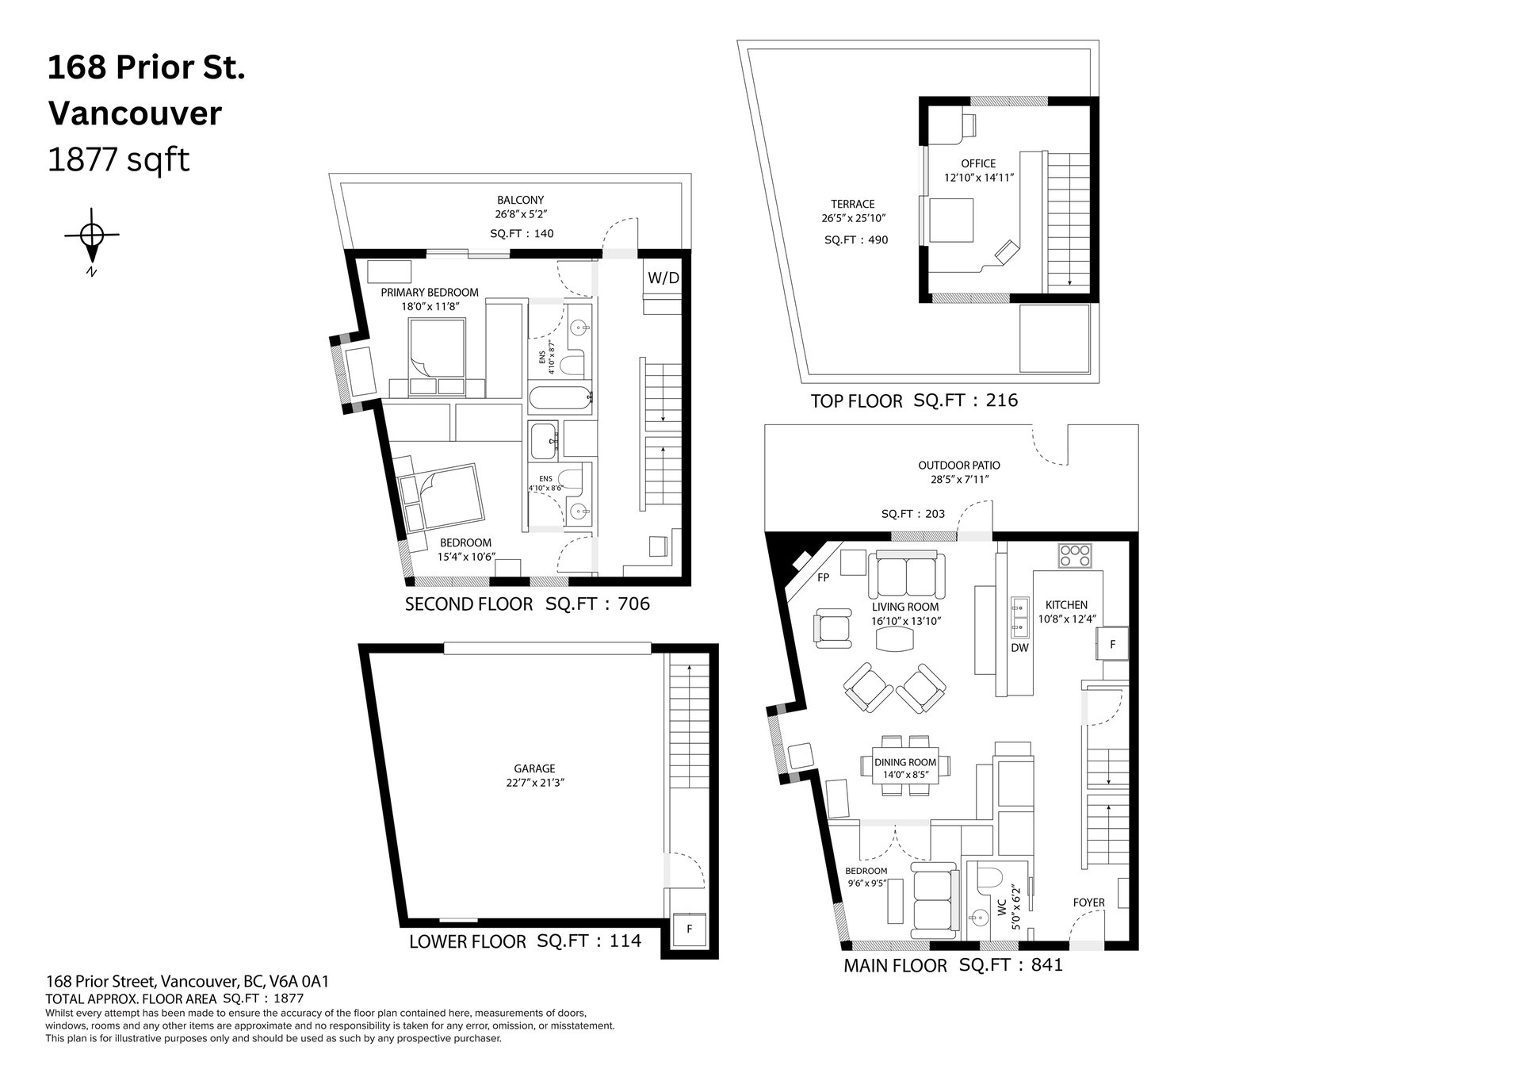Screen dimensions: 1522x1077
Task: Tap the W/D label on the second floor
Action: click(663, 278)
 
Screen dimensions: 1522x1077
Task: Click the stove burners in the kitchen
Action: click(1076, 554)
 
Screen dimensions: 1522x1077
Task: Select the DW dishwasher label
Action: click(1019, 648)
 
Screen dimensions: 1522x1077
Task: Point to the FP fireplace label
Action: click(823, 577)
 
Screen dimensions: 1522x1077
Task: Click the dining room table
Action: click(904, 767)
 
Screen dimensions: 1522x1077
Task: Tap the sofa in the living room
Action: click(907, 576)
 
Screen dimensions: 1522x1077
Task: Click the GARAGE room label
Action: click(534, 768)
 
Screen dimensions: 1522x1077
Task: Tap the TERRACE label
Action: click(853, 204)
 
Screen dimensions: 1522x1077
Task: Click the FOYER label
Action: click(1088, 903)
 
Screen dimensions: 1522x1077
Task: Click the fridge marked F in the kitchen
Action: click(1112, 645)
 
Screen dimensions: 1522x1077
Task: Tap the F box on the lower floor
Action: click(690, 929)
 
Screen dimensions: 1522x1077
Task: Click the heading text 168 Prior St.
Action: click(147, 68)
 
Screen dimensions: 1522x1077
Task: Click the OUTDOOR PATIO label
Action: click(959, 466)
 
